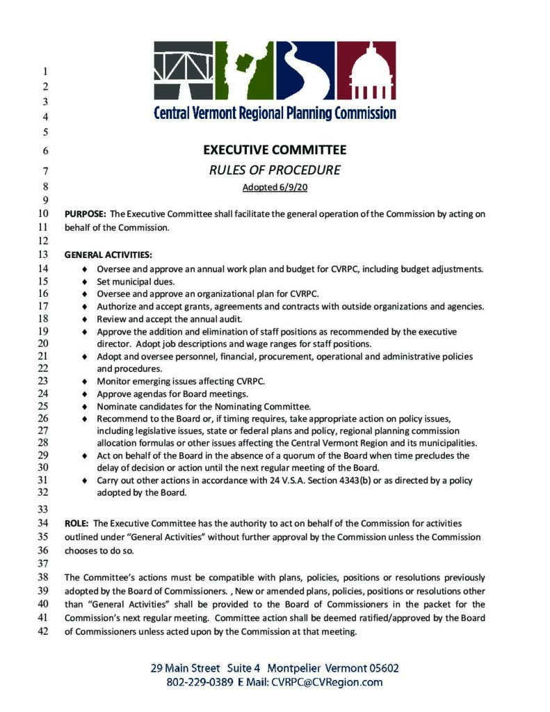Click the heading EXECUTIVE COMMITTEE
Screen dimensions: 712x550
tap(274, 149)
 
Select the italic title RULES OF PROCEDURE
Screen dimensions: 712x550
tap(274, 170)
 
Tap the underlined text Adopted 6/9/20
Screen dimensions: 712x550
tap(274, 187)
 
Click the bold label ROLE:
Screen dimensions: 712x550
tap(76, 523)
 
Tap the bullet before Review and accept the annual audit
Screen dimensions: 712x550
tap(84, 318)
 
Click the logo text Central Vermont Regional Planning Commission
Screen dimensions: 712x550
tap(274, 113)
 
